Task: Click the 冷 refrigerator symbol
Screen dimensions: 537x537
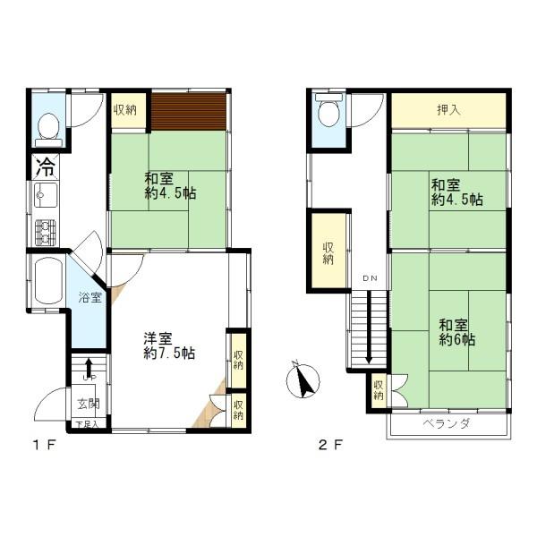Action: (45, 166)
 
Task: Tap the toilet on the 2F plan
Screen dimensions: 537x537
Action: (328, 113)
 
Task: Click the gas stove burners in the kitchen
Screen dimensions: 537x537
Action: (45, 233)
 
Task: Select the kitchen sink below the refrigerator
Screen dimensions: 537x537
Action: (45, 195)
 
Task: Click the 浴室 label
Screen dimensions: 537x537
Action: (89, 297)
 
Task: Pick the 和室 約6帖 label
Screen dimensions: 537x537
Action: (456, 332)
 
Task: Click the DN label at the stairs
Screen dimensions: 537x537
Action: (370, 278)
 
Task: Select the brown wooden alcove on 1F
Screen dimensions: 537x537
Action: (189, 111)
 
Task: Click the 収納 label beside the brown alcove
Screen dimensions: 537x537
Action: (125, 110)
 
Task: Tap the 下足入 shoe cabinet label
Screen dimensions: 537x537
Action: (86, 424)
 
